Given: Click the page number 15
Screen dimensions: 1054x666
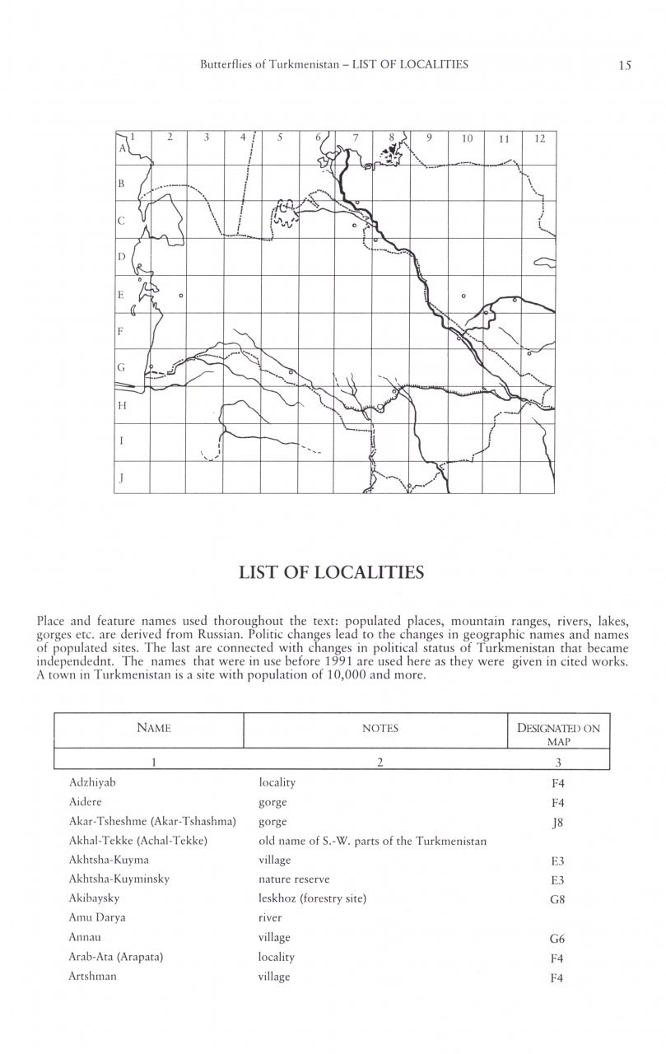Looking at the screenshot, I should (x=624, y=65).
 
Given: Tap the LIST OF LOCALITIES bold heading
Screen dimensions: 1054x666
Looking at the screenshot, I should (x=333, y=571).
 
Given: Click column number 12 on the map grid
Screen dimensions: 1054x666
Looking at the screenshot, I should (x=539, y=139).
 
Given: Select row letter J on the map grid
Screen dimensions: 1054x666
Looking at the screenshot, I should (x=122, y=477).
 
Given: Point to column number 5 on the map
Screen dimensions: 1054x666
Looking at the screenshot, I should (x=280, y=138).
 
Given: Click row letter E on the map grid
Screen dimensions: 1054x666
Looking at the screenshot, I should (x=122, y=294).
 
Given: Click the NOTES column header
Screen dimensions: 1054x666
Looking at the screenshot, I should (x=380, y=729).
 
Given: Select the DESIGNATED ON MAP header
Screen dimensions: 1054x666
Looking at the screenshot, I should (x=557, y=734).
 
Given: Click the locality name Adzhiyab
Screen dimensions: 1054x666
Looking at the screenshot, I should (x=92, y=783).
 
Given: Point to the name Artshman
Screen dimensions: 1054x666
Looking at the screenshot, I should (x=93, y=977).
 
